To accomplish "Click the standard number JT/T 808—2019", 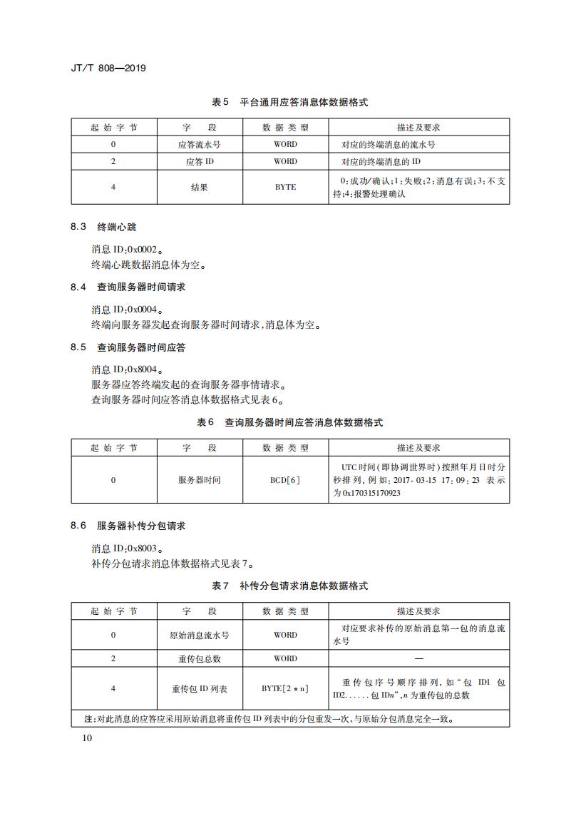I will click(x=108, y=68).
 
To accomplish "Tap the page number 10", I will click(x=88, y=738).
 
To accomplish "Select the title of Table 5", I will click(x=290, y=103).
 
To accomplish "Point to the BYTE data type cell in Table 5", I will click(x=285, y=188).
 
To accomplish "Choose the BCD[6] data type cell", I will click(x=285, y=480).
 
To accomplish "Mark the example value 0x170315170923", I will click(x=371, y=493).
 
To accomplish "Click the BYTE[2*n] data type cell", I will click(x=285, y=689).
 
